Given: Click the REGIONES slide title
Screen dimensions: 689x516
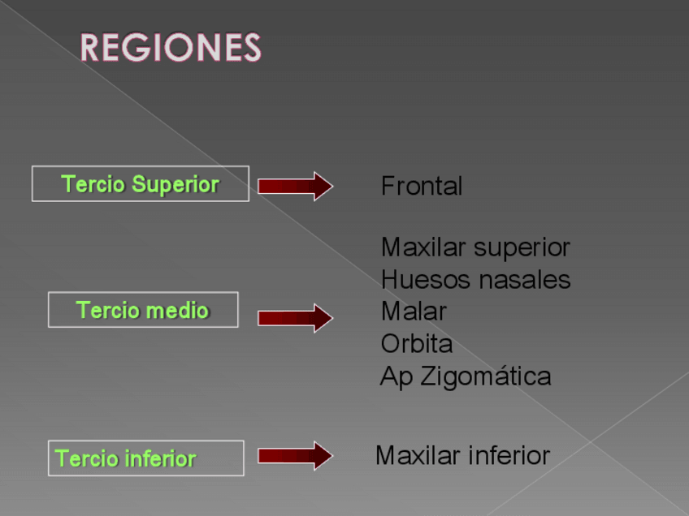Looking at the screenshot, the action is pyautogui.click(x=171, y=48).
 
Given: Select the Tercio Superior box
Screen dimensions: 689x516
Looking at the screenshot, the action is pyautogui.click(x=140, y=184).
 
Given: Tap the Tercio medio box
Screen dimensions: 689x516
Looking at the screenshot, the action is pyautogui.click(x=143, y=310).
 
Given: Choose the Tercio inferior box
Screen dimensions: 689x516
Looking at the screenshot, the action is pyautogui.click(x=145, y=458).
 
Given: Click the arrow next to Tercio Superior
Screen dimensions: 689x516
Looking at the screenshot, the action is pyautogui.click(x=295, y=186).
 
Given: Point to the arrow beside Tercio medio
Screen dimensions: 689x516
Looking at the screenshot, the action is pyautogui.click(x=295, y=317).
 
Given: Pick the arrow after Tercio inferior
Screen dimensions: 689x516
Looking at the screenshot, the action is pyautogui.click(x=295, y=455).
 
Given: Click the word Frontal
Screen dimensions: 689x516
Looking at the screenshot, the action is pyautogui.click(x=422, y=187).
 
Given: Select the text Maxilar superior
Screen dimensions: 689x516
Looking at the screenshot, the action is pyautogui.click(x=475, y=247).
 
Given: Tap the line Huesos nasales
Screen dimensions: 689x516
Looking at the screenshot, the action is pyautogui.click(x=475, y=280).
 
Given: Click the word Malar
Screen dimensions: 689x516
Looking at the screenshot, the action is pyautogui.click(x=414, y=312).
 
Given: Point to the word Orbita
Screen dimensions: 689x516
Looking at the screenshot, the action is pyautogui.click(x=416, y=344).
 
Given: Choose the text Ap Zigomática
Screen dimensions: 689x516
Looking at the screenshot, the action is pyautogui.click(x=466, y=376).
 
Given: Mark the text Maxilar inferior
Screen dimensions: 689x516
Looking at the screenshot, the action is pyautogui.click(x=462, y=455).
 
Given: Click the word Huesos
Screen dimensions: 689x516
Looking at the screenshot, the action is pyautogui.click(x=423, y=280).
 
